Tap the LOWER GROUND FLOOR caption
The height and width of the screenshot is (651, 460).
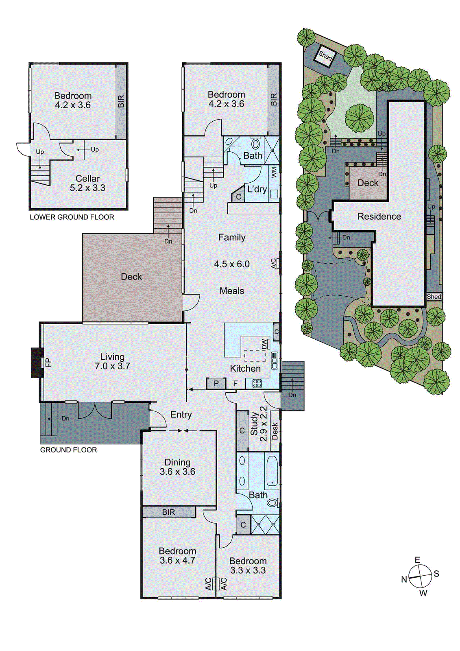click(72, 217)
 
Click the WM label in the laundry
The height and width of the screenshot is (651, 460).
click(274, 172)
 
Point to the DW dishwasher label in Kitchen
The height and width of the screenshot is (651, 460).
click(264, 344)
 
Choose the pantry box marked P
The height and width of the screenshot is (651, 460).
click(216, 383)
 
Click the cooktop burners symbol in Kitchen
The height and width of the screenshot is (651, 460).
click(257, 383)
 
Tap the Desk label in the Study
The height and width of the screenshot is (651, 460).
click(275, 431)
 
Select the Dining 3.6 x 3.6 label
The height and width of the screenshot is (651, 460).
click(177, 467)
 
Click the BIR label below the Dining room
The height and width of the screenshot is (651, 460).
click(168, 512)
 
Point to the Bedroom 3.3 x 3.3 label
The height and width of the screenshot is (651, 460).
click(248, 566)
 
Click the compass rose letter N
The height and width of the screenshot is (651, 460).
click(404, 579)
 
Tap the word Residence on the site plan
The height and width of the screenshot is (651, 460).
click(379, 216)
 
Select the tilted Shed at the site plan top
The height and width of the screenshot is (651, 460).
click(325, 55)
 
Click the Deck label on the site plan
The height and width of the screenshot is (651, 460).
click(368, 183)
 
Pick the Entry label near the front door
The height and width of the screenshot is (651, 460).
click(181, 415)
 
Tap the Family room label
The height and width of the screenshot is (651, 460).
click(232, 238)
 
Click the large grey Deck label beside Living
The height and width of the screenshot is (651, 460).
click(131, 277)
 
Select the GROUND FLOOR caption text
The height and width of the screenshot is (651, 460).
click(68, 450)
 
